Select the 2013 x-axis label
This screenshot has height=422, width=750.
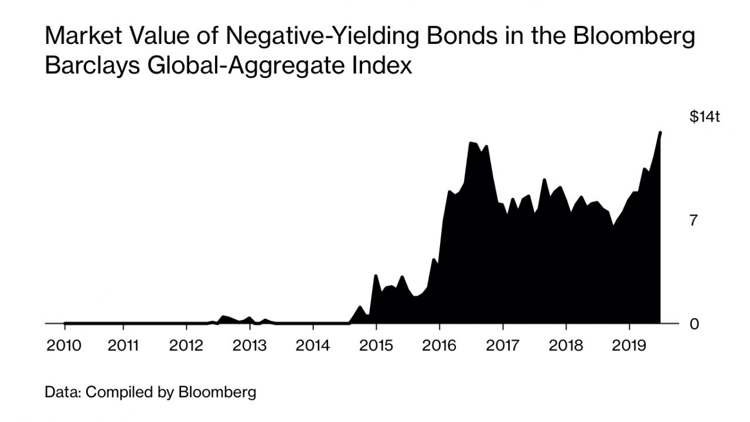[250, 345]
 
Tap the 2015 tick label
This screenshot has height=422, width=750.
[376, 345]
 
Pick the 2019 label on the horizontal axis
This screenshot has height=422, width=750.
[629, 345]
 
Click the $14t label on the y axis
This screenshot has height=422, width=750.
[704, 117]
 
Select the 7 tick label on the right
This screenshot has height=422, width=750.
[694, 221]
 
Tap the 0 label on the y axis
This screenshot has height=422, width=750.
[694, 324]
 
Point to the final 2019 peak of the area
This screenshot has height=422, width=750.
[660, 132]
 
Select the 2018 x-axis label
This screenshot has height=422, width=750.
[566, 345]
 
